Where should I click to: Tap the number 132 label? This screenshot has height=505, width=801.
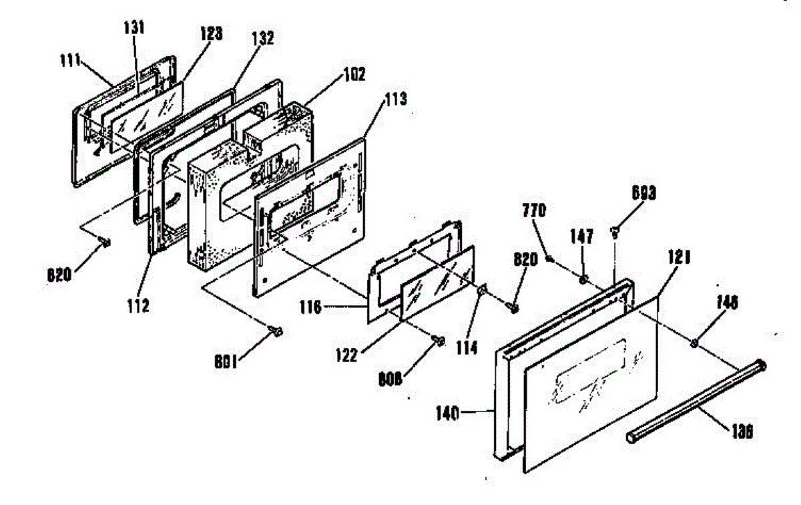[262, 39]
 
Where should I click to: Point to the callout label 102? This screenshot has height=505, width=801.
[354, 75]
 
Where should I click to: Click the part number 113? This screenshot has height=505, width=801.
[395, 101]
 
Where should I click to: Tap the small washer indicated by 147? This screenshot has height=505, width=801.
[583, 279]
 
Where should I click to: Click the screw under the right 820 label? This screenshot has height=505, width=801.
[514, 306]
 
